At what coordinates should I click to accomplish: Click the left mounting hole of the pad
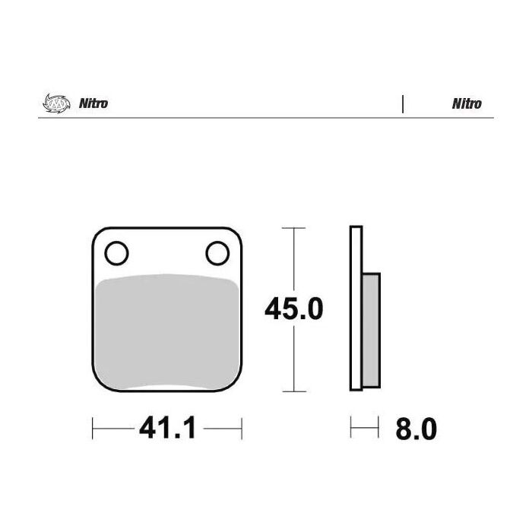coord(116,252)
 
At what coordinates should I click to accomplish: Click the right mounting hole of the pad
coord(217,252)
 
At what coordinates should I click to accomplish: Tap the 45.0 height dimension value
coord(294,309)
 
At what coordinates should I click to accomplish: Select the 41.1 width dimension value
coord(167,429)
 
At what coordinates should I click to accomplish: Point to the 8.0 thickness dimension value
coord(416,429)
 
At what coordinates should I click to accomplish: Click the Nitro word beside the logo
coord(93,104)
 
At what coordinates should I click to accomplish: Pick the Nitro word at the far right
coord(467,104)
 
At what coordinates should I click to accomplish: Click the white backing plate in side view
coord(355,309)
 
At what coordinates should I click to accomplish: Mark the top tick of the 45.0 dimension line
coord(294,227)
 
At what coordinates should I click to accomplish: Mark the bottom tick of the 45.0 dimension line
coord(294,391)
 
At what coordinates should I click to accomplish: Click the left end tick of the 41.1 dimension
coord(93,429)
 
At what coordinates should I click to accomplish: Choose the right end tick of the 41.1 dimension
coord(242,429)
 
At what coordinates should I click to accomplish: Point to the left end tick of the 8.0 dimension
coord(351,429)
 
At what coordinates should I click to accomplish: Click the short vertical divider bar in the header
coord(402,104)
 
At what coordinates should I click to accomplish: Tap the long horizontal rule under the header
coord(266,118)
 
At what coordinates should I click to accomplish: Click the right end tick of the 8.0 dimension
coord(378,429)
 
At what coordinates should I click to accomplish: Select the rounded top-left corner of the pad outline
coord(97,233)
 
